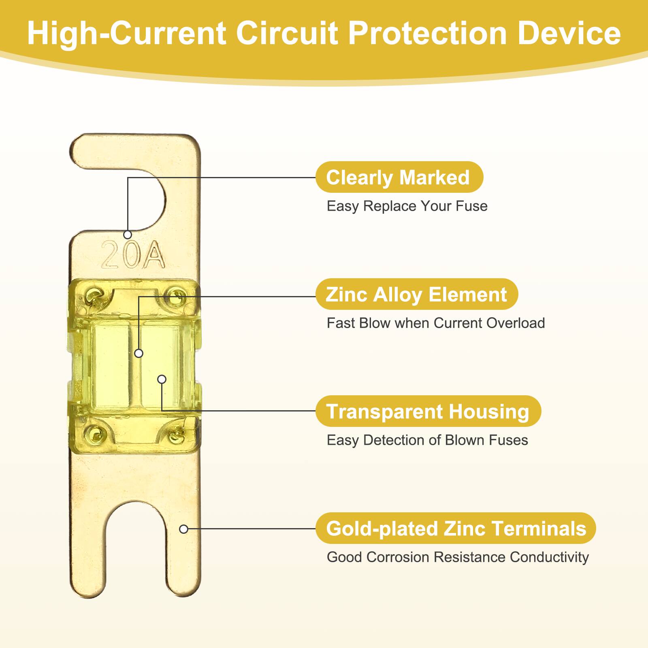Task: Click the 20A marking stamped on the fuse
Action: pos(133,254)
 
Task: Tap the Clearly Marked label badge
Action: pos(399,177)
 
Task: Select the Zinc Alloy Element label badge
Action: pos(416,294)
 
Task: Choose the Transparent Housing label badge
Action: pos(428,411)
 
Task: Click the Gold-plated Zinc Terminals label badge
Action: pos(456,528)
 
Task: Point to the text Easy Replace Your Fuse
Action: pos(407,206)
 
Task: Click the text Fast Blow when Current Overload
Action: pos(436,323)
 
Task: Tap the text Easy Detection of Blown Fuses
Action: pos(427,440)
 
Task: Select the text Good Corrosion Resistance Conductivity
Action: pos(458,557)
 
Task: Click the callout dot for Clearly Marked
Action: pos(128,234)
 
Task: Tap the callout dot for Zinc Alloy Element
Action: pos(139,353)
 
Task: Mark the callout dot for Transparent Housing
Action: pos(162,379)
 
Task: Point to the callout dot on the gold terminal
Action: pos(183,529)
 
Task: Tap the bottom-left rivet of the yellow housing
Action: pos(96,434)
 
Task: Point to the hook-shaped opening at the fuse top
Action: pos(134,198)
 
